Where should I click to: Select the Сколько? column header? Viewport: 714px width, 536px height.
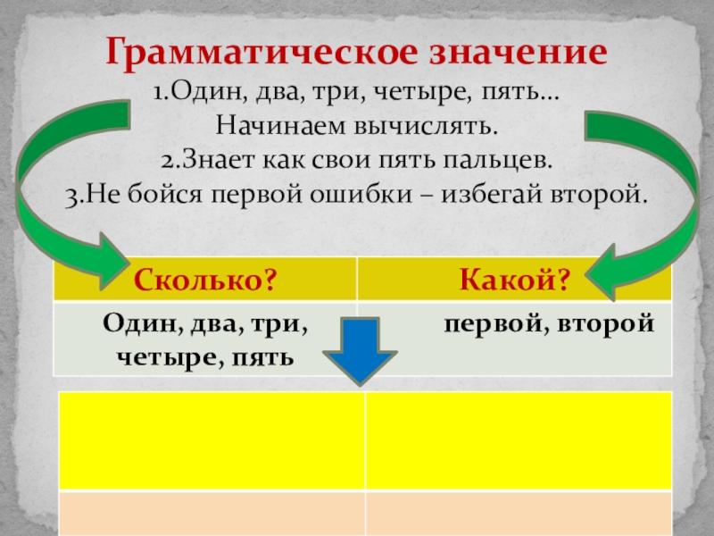(x=204, y=281)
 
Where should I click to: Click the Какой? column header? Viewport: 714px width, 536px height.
(x=515, y=281)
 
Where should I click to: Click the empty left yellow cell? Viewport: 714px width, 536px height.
(x=212, y=439)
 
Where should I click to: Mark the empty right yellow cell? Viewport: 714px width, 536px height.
(x=518, y=439)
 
